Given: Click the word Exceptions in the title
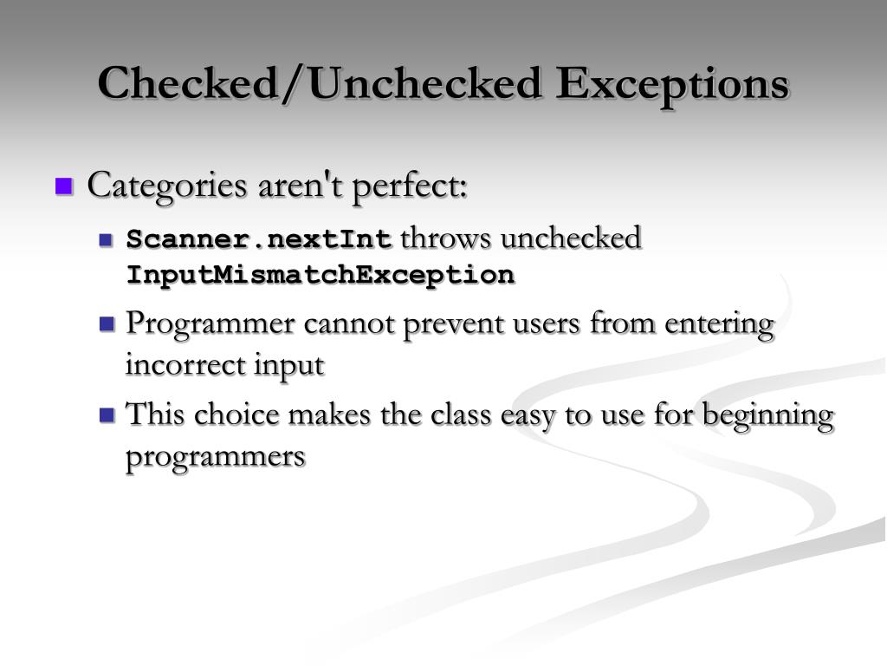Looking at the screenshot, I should coord(672,84).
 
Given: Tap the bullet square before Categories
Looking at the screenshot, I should coord(64,186).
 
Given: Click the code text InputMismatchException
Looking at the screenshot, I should coord(320,276).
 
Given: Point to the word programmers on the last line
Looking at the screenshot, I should coord(216,456).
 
